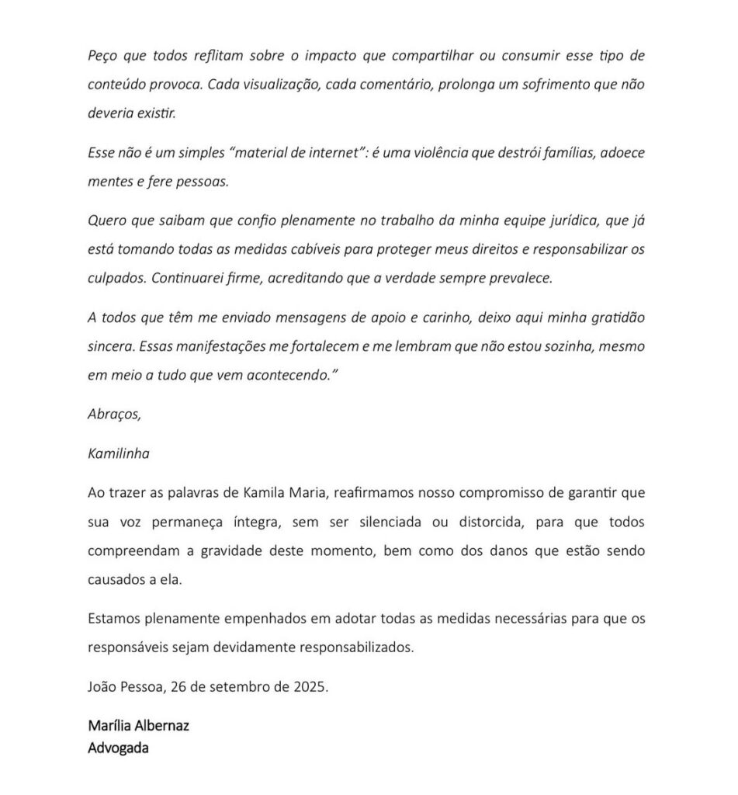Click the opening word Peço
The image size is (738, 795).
click(102, 57)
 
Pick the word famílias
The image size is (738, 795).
click(558, 152)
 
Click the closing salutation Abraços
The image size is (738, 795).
click(114, 414)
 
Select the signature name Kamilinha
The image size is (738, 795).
click(119, 453)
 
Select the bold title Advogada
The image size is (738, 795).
click(118, 748)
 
